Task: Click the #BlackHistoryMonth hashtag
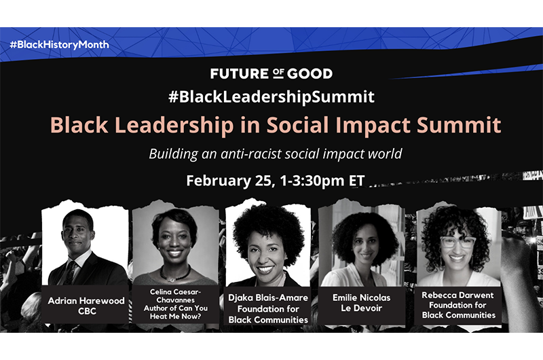pyautogui.click(x=59, y=45)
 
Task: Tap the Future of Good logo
pyautogui.click(x=271, y=73)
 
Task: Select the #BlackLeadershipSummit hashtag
pyautogui.click(x=271, y=96)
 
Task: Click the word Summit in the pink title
pyautogui.click(x=459, y=124)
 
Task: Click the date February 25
pyautogui.click(x=229, y=181)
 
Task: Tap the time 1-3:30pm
pyautogui.click(x=312, y=181)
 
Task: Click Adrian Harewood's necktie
pyautogui.click(x=71, y=272)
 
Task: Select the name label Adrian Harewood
pyautogui.click(x=86, y=300)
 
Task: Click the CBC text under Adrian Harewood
pyautogui.click(x=87, y=311)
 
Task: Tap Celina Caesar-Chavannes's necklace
pyautogui.click(x=174, y=274)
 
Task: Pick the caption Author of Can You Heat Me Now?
pyautogui.click(x=176, y=312)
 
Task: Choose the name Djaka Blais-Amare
pyautogui.click(x=268, y=298)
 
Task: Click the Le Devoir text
pyautogui.click(x=361, y=308)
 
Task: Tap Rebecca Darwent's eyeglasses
pyautogui.click(x=457, y=242)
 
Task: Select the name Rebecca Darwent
pyautogui.click(x=457, y=295)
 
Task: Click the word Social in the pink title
pyautogui.click(x=297, y=124)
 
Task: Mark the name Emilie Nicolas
pyautogui.click(x=361, y=298)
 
